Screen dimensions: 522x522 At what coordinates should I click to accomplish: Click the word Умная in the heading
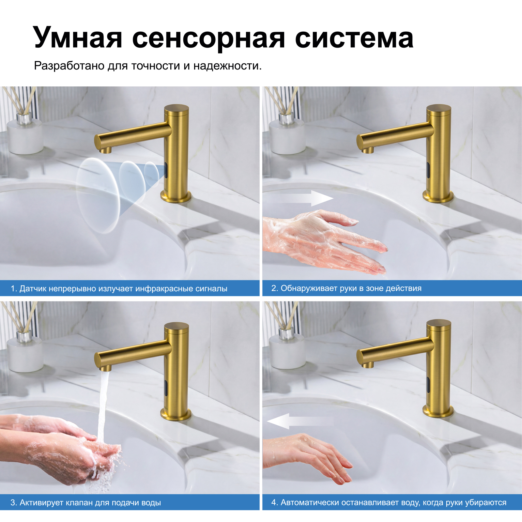78,38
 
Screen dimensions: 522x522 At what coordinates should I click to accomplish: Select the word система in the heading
354,38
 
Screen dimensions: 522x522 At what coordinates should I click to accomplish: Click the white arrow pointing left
300,421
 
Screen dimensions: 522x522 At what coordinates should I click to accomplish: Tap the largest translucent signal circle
98,195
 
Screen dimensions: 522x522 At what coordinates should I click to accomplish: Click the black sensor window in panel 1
166,170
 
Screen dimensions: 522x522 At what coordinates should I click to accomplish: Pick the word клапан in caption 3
79,503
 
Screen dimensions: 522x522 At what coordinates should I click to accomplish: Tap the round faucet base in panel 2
438,196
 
